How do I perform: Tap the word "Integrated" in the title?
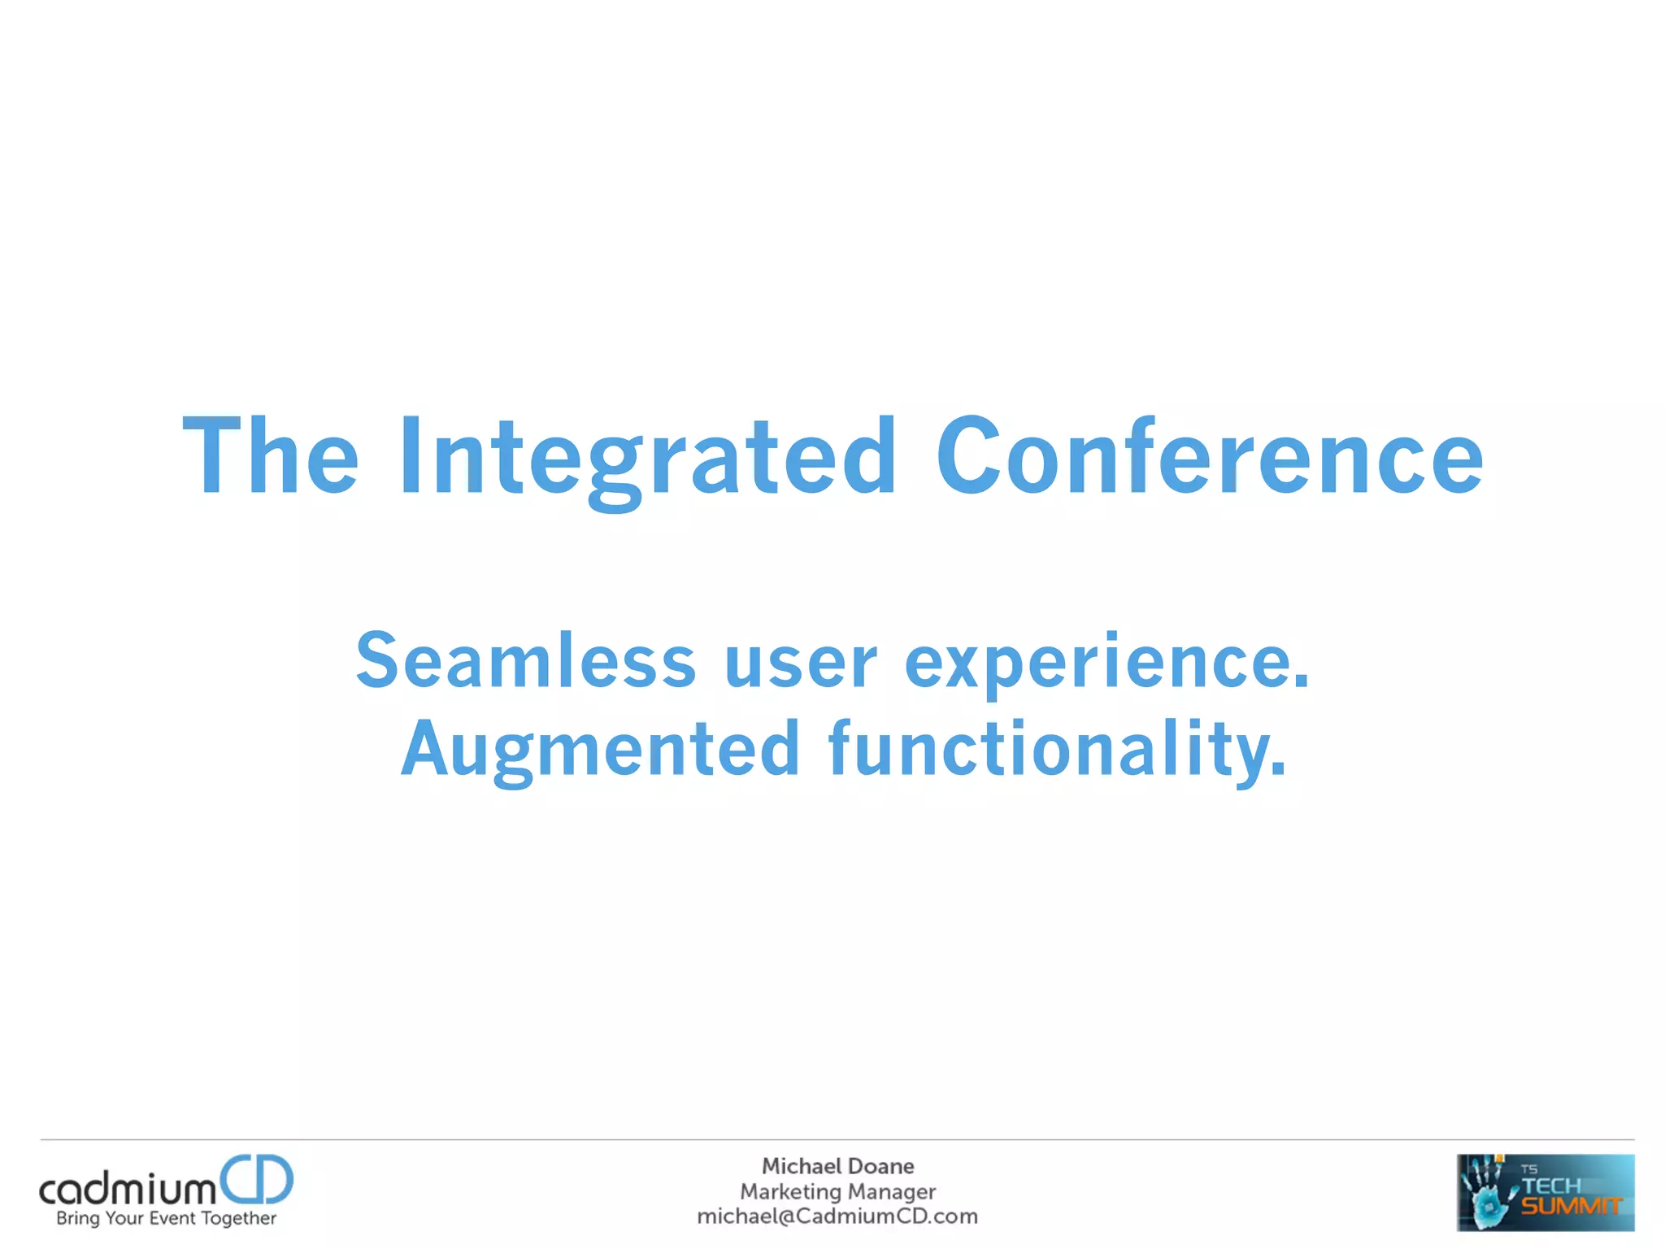click(x=647, y=457)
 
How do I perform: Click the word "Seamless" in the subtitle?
click(x=526, y=660)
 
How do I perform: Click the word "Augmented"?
click(x=601, y=750)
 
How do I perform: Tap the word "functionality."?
click(x=1058, y=750)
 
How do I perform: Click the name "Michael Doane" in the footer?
click(x=837, y=1166)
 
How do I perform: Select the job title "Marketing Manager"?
click(x=837, y=1191)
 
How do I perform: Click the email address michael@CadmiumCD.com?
click(x=837, y=1216)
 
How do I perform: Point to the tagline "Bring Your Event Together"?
click(x=166, y=1218)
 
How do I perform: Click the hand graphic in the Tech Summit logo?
click(x=1486, y=1192)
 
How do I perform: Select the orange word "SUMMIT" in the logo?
click(x=1571, y=1207)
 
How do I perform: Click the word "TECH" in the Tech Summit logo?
click(x=1551, y=1186)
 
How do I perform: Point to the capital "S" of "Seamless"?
click(x=380, y=660)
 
